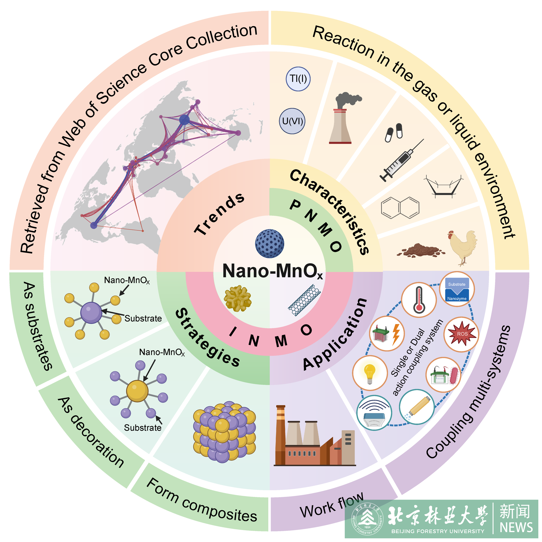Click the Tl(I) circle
click(298, 79)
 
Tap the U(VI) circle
click(292, 121)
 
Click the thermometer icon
click(419, 300)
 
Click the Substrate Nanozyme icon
click(457, 289)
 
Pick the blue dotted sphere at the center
click(269, 243)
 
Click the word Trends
click(219, 214)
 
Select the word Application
click(335, 334)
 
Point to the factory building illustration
click(314, 438)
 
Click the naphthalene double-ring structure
click(400, 208)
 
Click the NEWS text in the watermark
click(516, 527)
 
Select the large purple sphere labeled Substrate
click(91, 313)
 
